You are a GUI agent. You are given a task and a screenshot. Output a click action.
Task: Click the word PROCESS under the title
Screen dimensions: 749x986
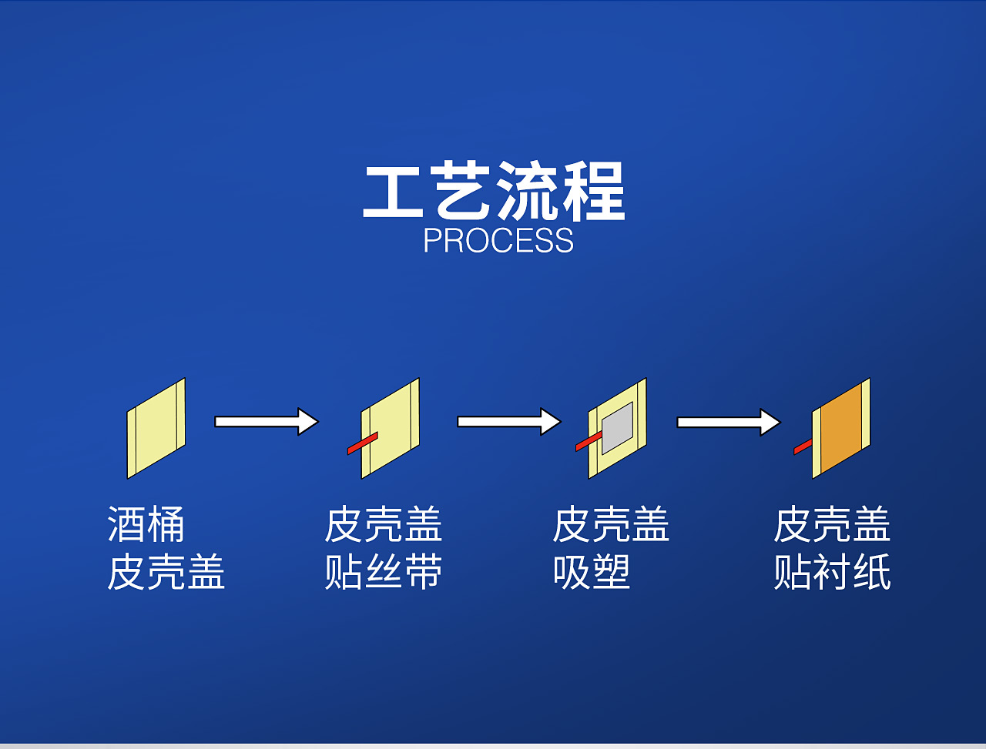pyautogui.click(x=498, y=241)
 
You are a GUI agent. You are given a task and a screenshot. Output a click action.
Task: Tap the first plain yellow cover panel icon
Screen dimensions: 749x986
pyautogui.click(x=156, y=427)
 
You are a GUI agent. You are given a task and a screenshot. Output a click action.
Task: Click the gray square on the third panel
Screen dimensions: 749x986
pyautogui.click(x=617, y=427)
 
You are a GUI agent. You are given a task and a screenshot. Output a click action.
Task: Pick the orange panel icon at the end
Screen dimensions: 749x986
pyautogui.click(x=841, y=428)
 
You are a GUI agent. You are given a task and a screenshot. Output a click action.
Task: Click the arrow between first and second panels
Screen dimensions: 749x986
pyautogui.click(x=266, y=422)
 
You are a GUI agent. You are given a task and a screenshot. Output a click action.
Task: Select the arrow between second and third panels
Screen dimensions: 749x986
pyautogui.click(x=508, y=422)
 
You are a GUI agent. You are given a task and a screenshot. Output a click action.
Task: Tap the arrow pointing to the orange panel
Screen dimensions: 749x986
pyautogui.click(x=728, y=422)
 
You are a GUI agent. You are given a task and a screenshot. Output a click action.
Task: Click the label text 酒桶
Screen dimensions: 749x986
pyautogui.click(x=146, y=525)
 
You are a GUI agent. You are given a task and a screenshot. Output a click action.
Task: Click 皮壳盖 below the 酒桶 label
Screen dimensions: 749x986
pyautogui.click(x=166, y=573)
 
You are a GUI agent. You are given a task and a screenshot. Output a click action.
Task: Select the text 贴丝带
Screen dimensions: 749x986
pyautogui.click(x=383, y=573)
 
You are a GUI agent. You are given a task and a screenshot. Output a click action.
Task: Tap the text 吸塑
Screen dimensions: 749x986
pyautogui.click(x=592, y=573)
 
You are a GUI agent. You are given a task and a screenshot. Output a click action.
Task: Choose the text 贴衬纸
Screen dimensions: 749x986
pyautogui.click(x=832, y=573)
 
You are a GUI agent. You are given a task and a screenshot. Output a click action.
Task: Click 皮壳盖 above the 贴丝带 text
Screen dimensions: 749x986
pyautogui.click(x=383, y=525)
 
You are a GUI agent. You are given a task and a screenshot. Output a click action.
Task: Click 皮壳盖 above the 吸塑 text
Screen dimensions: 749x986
pyautogui.click(x=611, y=525)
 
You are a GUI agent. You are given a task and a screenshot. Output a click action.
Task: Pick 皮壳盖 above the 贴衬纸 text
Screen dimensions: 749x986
pyautogui.click(x=832, y=525)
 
